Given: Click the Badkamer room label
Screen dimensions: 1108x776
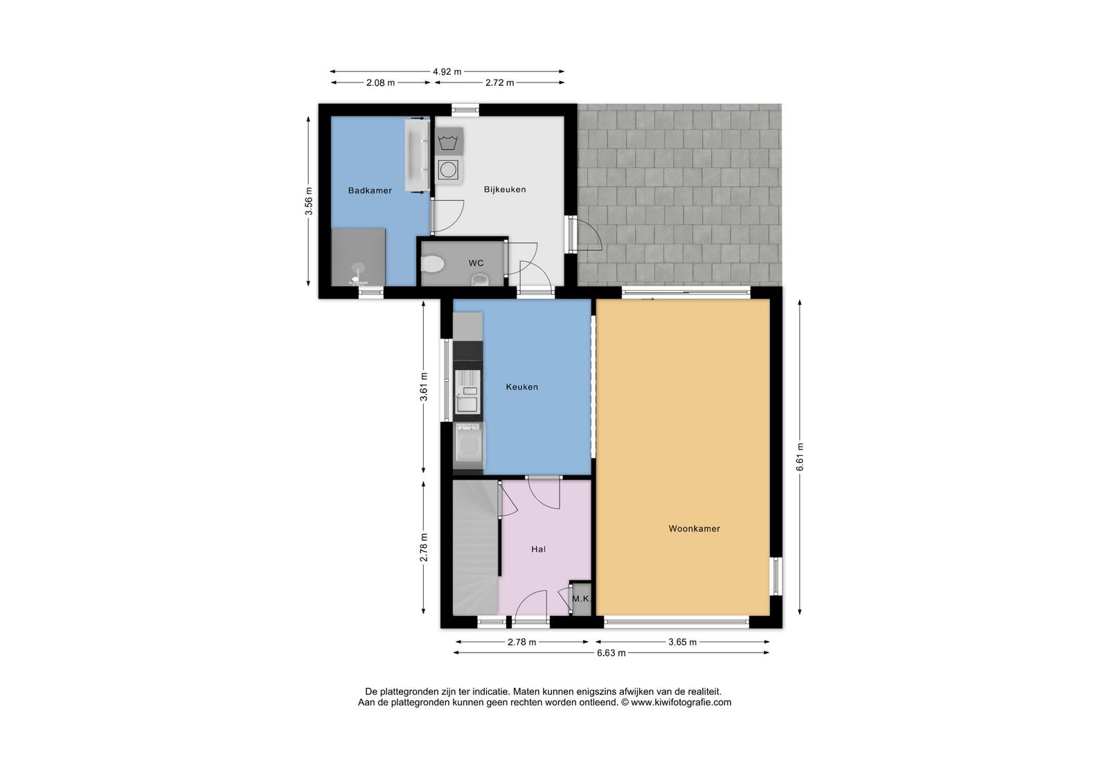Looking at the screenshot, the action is (370, 191).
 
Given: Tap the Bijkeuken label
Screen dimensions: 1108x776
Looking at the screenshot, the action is (505, 190).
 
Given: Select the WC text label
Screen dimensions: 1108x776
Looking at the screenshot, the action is (476, 263).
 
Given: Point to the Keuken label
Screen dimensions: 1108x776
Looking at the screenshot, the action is (522, 387).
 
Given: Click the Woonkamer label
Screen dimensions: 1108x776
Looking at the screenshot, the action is (694, 529).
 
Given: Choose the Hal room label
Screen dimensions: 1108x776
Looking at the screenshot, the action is (538, 549).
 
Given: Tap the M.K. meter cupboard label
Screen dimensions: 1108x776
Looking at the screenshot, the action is (581, 599).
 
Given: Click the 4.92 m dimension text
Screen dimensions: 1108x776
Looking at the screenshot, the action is (447, 72).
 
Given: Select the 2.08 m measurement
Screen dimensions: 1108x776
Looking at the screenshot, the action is (380, 82).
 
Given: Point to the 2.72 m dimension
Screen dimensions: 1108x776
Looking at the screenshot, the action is (499, 82).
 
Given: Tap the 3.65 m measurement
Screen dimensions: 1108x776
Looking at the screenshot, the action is (682, 642).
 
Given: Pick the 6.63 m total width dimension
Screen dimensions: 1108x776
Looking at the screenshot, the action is (611, 653).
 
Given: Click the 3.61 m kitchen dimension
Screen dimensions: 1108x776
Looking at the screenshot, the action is (424, 387).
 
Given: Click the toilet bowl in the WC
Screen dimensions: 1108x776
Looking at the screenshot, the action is (433, 264).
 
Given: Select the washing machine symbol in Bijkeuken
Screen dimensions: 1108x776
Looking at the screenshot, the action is (448, 170).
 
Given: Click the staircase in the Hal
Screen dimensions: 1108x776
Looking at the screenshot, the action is (475, 547).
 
